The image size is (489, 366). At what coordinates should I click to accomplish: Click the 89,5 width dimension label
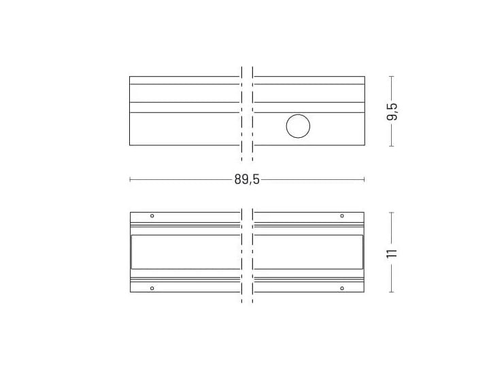(247, 179)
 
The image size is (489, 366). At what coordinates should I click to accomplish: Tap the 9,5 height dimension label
(392, 111)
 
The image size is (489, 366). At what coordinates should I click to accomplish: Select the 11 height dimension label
(392, 253)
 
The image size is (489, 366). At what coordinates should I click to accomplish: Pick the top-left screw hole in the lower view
(152, 215)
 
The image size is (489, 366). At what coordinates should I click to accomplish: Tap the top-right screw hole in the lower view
(342, 216)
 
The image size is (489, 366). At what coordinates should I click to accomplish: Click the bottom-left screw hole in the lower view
(152, 288)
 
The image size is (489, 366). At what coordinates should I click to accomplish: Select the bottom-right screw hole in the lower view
(342, 288)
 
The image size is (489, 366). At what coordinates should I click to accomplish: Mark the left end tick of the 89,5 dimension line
(130, 179)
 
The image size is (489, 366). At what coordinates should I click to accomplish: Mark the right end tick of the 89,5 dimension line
(365, 179)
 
